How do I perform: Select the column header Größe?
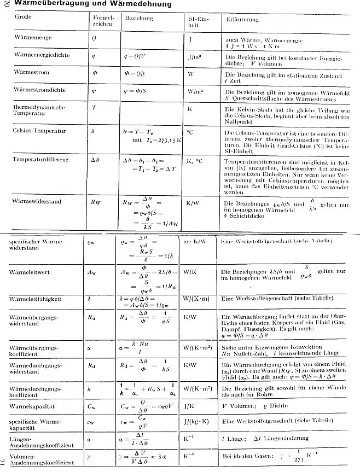[25, 18]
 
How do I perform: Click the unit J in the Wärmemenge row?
[189, 39]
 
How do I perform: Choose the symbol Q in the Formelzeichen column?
[95, 39]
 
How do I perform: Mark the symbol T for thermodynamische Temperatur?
[94, 108]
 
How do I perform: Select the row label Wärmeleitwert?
[32, 272]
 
